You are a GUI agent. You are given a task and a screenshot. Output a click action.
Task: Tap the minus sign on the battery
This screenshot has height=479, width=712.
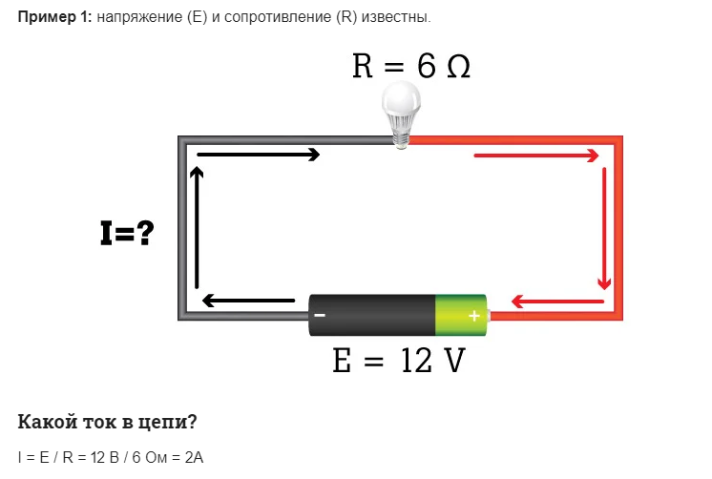tap(320, 315)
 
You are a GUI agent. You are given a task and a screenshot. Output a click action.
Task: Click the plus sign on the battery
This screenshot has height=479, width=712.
tap(473, 315)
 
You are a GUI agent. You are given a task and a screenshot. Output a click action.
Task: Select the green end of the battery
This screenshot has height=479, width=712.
tap(462, 315)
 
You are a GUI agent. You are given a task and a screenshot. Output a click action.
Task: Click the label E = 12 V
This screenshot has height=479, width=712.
tap(398, 361)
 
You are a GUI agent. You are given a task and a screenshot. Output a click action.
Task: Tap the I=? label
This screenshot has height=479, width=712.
tap(127, 232)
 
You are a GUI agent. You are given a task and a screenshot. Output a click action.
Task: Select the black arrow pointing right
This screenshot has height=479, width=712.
tap(258, 154)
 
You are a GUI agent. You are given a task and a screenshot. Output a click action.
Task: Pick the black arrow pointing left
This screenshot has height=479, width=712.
tap(248, 302)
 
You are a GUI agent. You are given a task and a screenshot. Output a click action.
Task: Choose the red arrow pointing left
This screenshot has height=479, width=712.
tap(558, 302)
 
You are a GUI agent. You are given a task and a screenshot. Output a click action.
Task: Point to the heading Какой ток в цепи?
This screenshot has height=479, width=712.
tap(107, 421)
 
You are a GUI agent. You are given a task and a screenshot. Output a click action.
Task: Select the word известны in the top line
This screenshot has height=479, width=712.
tap(402, 19)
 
